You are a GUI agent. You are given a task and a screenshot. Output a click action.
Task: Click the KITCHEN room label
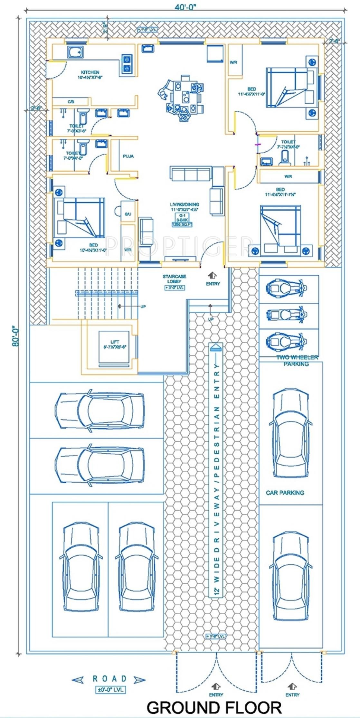click(x=90, y=72)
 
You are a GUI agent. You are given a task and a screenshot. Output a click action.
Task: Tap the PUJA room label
click(x=128, y=156)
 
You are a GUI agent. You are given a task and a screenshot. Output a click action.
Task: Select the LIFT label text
click(x=115, y=342)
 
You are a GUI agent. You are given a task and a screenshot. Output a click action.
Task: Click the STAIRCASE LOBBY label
click(x=174, y=279)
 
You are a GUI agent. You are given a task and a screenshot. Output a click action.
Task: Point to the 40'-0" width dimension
click(x=185, y=7)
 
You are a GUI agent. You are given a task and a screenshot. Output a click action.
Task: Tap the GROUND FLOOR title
click(x=214, y=707)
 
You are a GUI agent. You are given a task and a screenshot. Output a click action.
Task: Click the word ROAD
click(x=109, y=679)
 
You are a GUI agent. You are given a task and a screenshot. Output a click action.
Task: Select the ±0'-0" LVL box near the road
click(x=110, y=690)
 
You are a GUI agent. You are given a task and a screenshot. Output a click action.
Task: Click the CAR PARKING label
click(x=285, y=492)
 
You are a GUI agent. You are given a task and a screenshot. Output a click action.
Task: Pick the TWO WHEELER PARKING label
click(x=297, y=361)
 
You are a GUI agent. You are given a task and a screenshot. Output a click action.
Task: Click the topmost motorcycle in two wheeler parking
click(x=286, y=287)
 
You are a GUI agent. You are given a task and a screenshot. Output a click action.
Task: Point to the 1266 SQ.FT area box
click(x=182, y=224)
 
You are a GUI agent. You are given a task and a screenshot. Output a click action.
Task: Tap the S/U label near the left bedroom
click(x=128, y=214)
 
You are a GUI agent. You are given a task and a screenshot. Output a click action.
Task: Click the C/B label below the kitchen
click(x=71, y=102)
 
